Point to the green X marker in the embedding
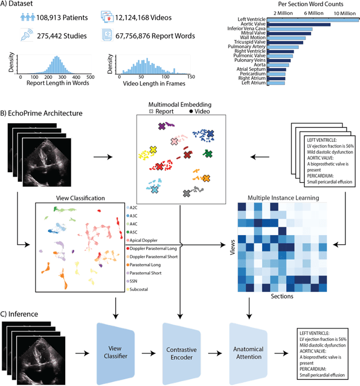(208, 153)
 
